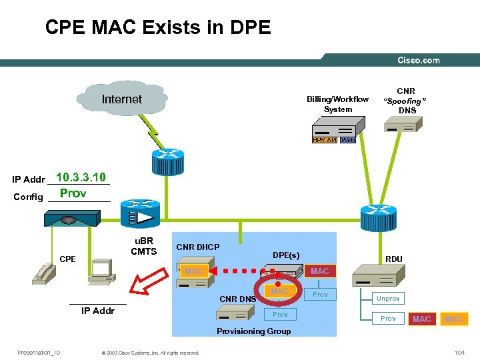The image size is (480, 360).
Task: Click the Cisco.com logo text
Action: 419,60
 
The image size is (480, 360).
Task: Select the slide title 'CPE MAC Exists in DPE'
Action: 158,27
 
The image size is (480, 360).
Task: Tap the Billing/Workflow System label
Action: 337,104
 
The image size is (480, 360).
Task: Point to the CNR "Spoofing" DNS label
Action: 406,100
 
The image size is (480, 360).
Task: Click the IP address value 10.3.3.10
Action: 81,177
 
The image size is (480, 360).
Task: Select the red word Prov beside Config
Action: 73,193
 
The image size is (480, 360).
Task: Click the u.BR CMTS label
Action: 143,246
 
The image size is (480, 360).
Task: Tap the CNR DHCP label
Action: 197,247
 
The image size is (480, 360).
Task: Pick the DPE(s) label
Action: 286,255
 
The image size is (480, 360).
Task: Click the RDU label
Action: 393,259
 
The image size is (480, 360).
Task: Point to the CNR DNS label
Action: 237,299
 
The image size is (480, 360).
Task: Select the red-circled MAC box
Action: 279,291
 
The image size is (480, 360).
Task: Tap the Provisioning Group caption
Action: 254,331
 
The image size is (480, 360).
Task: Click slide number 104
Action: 458,352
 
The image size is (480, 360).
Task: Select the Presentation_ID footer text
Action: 39,352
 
